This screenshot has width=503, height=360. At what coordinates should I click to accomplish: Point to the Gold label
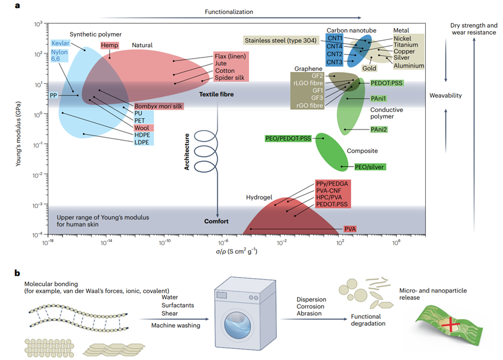370,68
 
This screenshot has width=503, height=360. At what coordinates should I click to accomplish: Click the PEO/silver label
370,167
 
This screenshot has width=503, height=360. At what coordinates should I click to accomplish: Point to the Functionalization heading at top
229,12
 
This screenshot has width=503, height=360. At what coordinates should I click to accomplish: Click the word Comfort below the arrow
216,221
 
